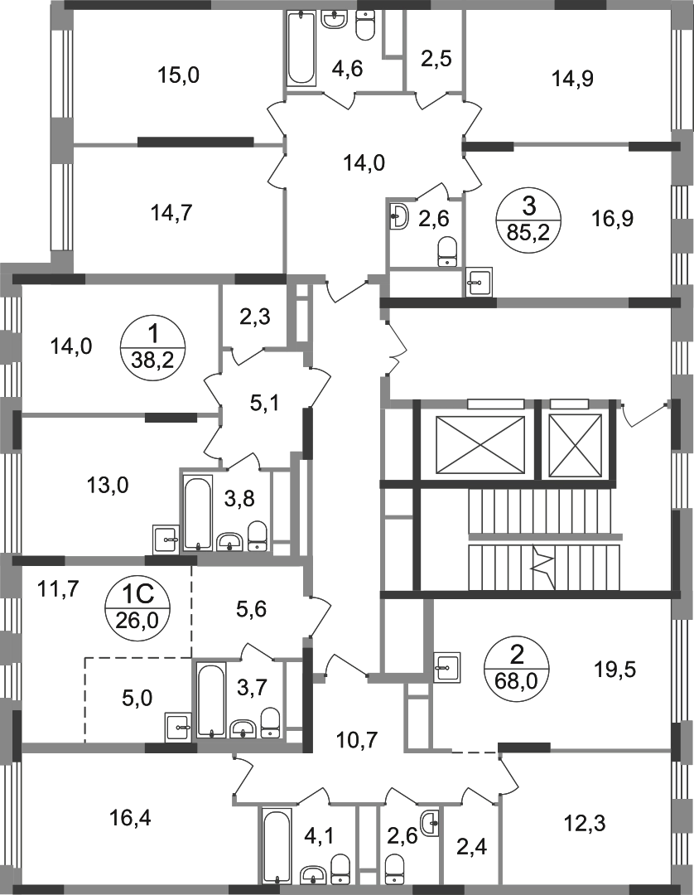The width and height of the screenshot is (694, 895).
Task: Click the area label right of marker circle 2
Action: [x=614, y=667]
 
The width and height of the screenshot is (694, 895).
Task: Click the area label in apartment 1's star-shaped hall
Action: [x=261, y=405]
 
